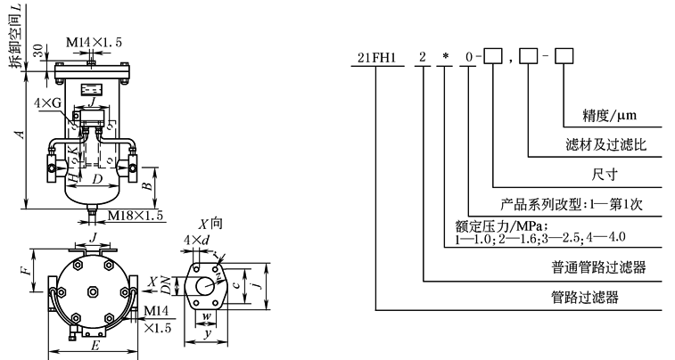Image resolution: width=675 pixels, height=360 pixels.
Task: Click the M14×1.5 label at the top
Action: click(x=95, y=41)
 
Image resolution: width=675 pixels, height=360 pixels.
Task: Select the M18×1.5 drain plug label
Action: click(x=136, y=215)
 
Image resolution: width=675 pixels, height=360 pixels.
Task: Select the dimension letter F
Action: click(x=26, y=266)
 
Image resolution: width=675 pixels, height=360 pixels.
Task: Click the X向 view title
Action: click(x=210, y=225)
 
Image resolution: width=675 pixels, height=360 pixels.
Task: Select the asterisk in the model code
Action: click(x=444, y=59)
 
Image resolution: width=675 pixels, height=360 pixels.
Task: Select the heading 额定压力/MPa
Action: click(x=493, y=226)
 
